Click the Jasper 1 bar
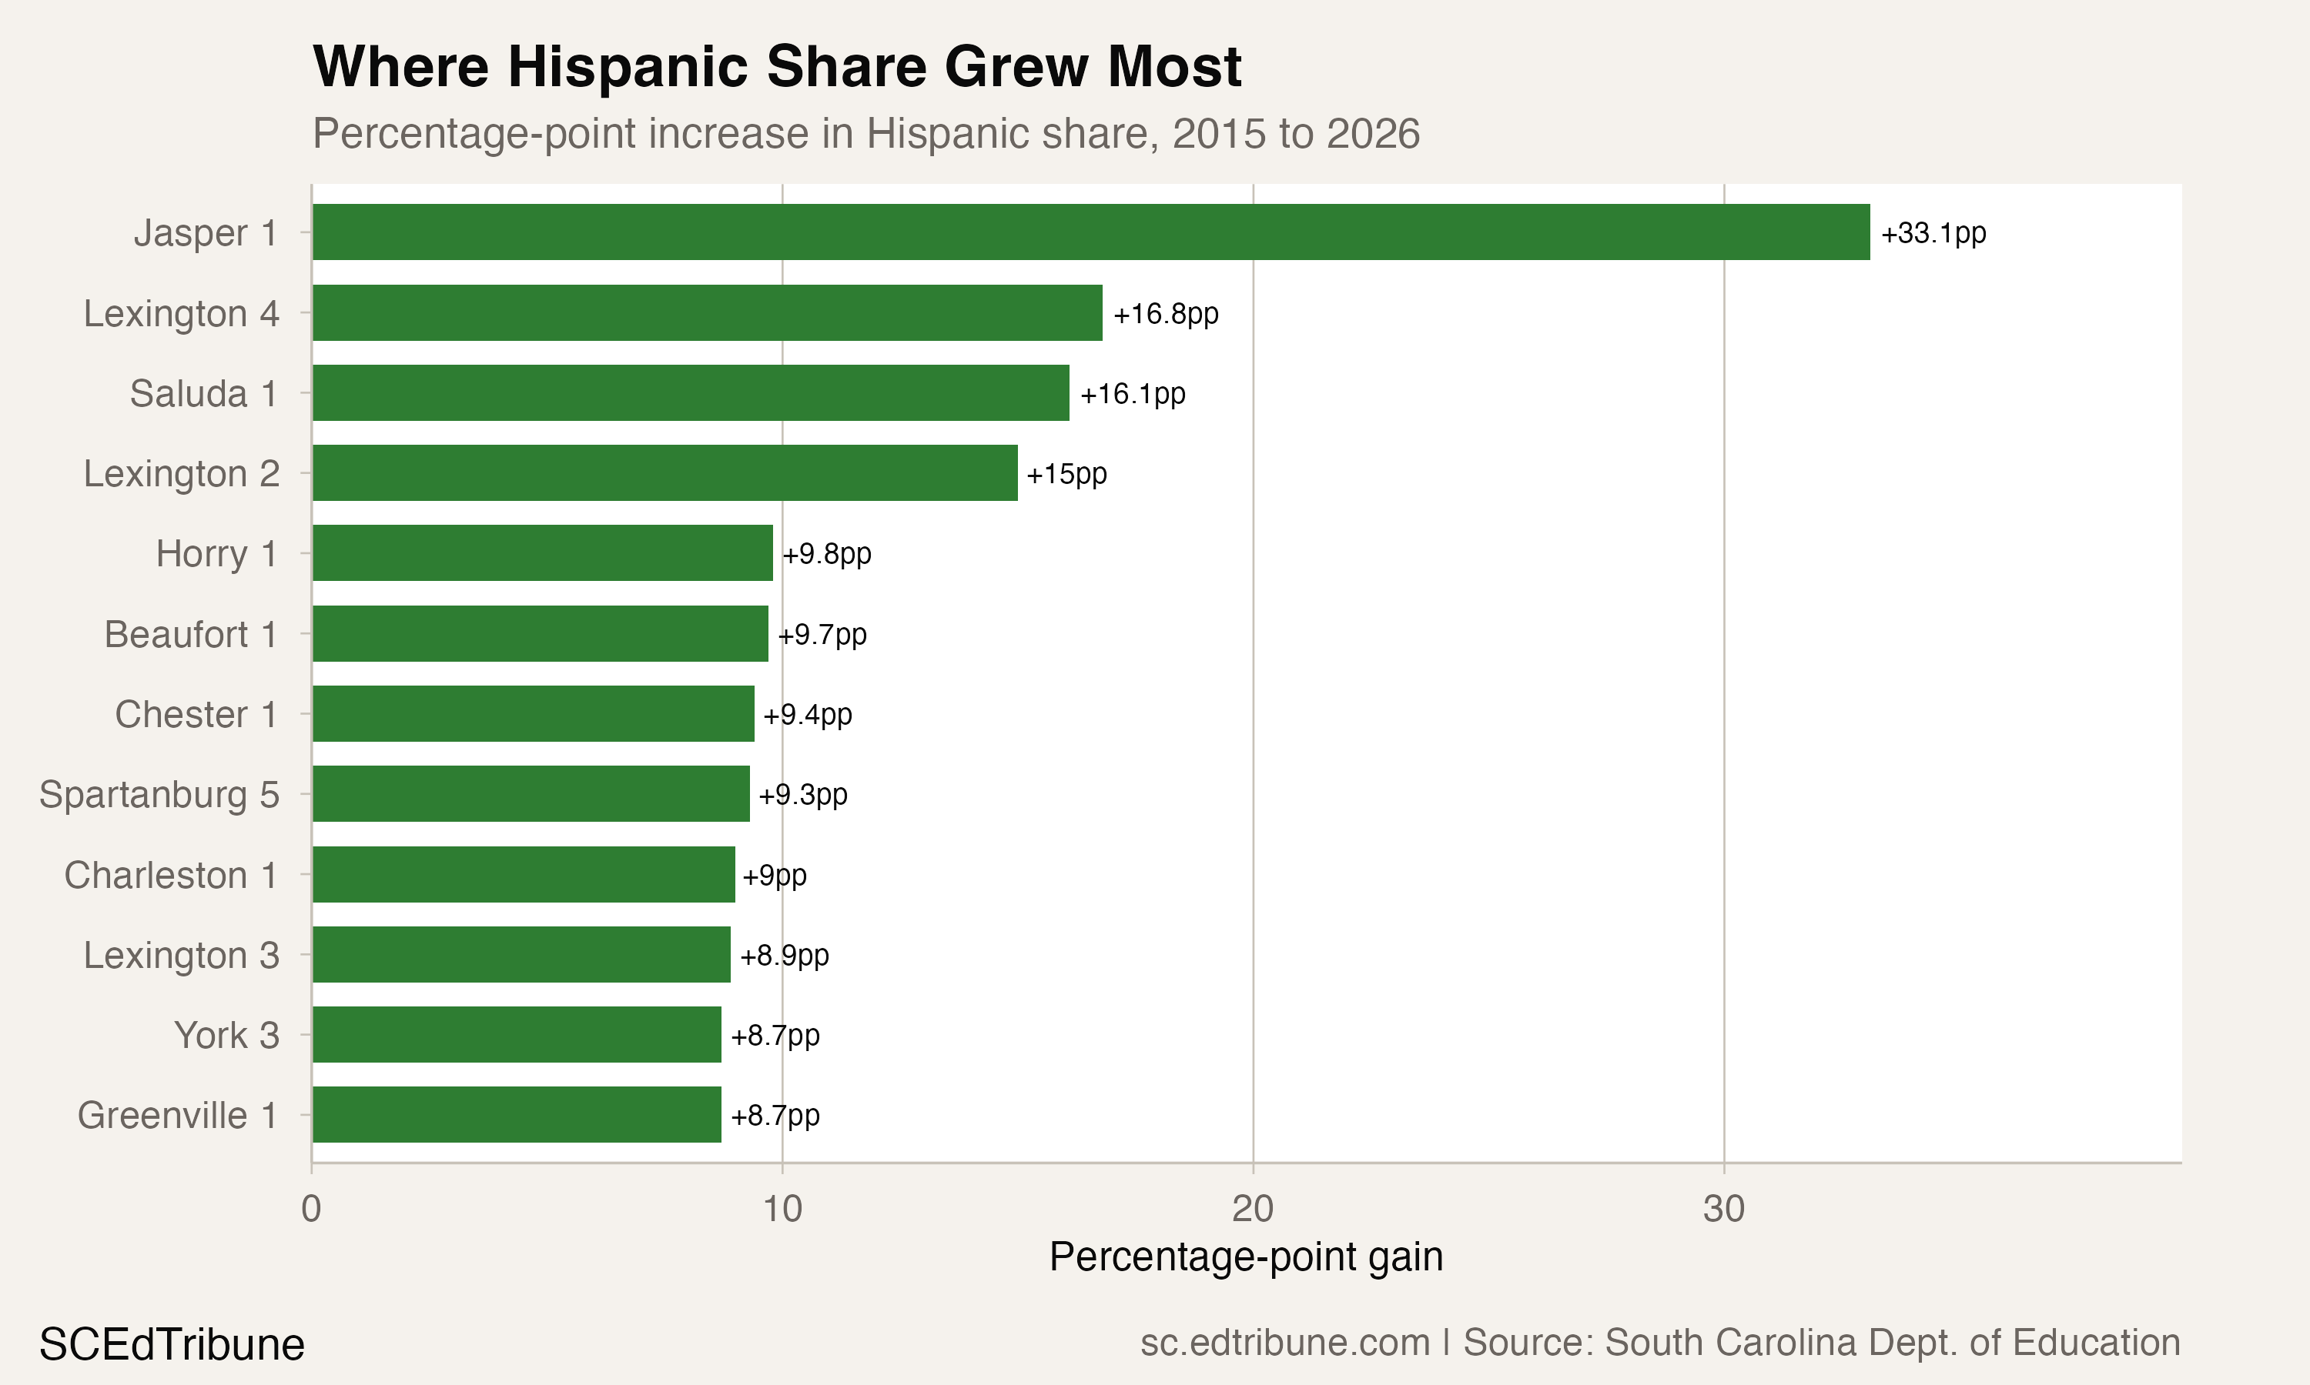[1090, 232]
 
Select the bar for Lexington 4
[707, 312]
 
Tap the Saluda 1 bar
[690, 393]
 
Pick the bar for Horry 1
[543, 553]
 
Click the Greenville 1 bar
[517, 1114]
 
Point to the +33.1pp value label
[1933, 233]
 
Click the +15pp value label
[1066, 474]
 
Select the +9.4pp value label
[807, 715]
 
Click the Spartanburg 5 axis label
[159, 795]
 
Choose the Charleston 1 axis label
[171, 876]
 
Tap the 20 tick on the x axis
[1252, 1210]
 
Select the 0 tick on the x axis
[311, 1210]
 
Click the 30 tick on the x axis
[1722, 1210]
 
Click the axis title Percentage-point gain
[1246, 1257]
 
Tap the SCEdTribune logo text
[172, 1345]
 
